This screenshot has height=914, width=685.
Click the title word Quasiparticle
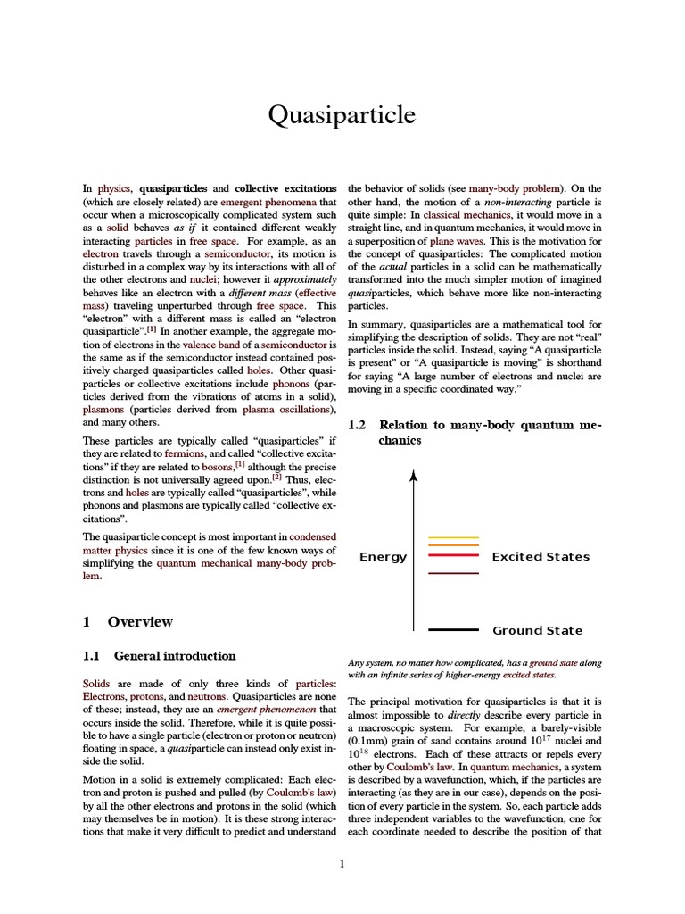(342, 115)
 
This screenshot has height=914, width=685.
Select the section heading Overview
(140, 621)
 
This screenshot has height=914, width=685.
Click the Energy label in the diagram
(383, 557)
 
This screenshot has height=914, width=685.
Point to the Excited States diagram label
(541, 557)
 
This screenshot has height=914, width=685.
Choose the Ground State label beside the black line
(537, 630)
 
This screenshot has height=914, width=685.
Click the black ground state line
(454, 630)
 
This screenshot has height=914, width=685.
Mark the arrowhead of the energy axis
(414, 476)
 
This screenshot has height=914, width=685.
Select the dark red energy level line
(454, 573)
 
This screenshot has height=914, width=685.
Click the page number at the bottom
(342, 862)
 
